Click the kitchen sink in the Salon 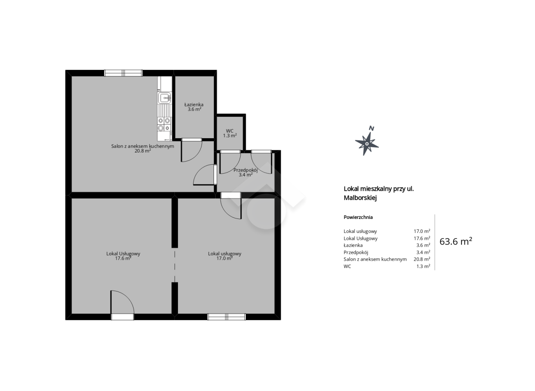coord(164,98)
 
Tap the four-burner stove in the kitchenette coord(164,125)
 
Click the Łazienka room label coord(194,105)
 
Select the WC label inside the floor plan coord(230,131)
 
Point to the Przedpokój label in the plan coord(245,170)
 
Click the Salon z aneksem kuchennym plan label coord(143,146)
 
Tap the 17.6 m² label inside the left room coord(123,258)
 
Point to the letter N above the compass coord(371,128)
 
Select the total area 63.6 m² coord(456,242)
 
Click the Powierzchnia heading coord(358,217)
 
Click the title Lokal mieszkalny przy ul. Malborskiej coord(379,193)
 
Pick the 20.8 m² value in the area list coord(422,259)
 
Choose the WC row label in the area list coord(347,266)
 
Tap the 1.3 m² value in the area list coord(423,266)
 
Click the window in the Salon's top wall coord(123,73)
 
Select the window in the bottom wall coord(227,317)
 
